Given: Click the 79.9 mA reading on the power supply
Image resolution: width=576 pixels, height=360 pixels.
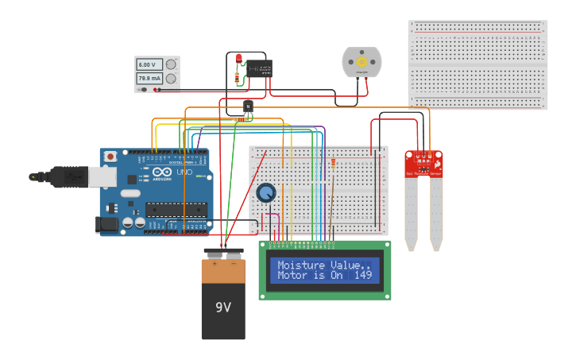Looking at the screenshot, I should tap(149, 79).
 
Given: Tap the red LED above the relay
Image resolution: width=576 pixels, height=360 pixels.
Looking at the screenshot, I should tap(238, 58).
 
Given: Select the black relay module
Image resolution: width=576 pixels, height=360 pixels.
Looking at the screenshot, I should tap(259, 68).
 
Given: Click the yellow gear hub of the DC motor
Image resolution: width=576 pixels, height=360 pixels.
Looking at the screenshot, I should tap(361, 61).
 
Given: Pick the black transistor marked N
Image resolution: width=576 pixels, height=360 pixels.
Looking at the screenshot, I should tap(249, 106).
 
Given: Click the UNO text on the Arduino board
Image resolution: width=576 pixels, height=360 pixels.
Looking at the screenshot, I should tap(184, 172).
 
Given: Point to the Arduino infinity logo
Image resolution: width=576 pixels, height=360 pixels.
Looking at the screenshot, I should tap(163, 172).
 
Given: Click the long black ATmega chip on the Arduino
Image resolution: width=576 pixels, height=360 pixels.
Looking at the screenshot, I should tap(176, 210).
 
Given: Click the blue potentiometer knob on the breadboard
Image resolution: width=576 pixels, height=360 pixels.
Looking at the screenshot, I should tap(265, 193).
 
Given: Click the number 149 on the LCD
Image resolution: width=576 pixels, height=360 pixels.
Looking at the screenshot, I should tap(362, 276).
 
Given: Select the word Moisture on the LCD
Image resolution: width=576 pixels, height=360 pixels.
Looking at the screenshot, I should tap(302, 265).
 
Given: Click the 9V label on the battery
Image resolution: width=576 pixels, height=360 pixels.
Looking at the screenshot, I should tap(223, 307).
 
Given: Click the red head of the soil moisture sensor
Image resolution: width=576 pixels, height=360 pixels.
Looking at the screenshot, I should tap(423, 164).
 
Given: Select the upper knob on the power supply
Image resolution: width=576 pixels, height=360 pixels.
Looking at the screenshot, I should tap(170, 64).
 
